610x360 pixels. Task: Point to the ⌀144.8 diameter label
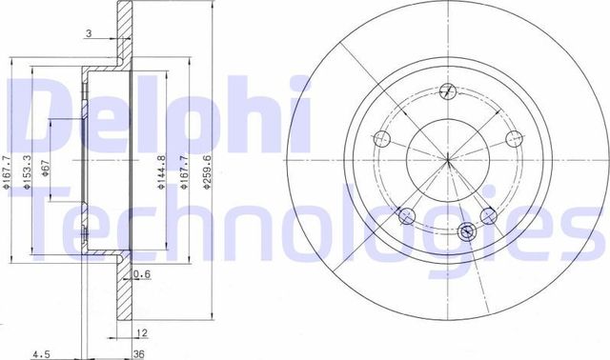coord(162,170)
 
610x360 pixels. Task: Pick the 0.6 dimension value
coord(143,275)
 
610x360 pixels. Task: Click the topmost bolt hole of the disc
coord(447,91)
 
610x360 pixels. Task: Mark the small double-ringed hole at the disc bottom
coord(467,230)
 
